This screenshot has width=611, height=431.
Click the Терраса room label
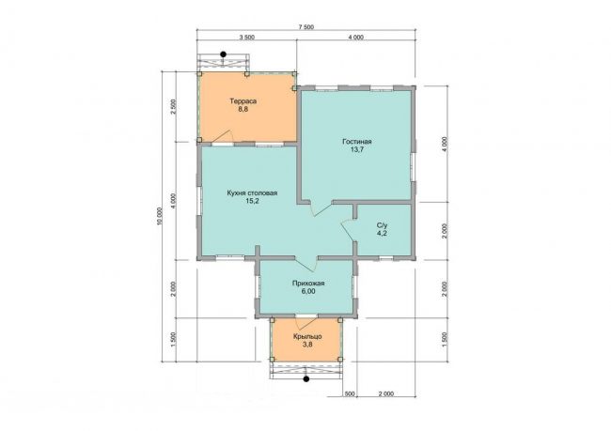coord(243,101)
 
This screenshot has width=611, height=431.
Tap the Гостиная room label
coord(356,142)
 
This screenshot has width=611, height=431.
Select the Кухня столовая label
coord(252,193)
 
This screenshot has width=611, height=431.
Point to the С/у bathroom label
coord(382,225)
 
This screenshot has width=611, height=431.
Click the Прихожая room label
coord(308,284)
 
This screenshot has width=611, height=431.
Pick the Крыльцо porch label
coord(307,336)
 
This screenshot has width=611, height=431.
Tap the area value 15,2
coord(252,201)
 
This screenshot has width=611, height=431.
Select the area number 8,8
coord(243,110)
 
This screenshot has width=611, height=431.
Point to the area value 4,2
coord(382,234)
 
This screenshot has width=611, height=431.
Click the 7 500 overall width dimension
coord(305,27)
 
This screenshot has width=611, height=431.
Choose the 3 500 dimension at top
coord(246,38)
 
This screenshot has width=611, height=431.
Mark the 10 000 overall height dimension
coord(159,217)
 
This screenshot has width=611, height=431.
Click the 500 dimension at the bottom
coord(350,394)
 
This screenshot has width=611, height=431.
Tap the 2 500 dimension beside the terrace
coord(174,107)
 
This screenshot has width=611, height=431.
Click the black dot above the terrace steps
coord(224,54)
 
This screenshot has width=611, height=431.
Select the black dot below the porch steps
coord(306,378)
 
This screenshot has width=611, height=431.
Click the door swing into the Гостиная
coord(321,209)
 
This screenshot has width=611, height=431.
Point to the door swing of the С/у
coord(348,230)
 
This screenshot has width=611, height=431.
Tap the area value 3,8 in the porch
coord(307,345)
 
